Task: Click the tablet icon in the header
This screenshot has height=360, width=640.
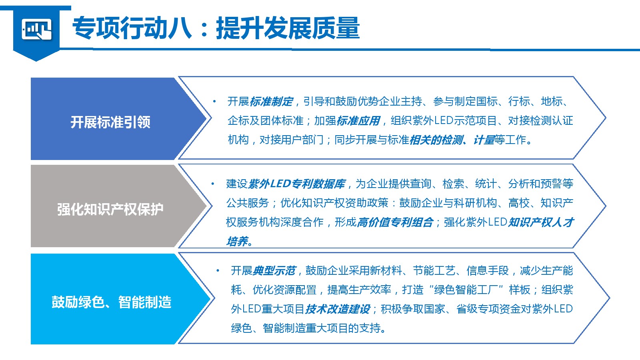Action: (36, 29)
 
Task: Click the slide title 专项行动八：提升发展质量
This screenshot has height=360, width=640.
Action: (216, 28)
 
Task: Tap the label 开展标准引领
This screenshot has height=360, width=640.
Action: (110, 122)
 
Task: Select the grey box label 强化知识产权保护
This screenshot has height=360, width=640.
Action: (110, 209)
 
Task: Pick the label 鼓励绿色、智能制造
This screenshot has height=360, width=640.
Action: (112, 302)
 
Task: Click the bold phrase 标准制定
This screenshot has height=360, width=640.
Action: (271, 102)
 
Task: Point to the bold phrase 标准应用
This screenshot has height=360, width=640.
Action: (358, 121)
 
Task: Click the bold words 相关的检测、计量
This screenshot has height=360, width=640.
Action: (452, 140)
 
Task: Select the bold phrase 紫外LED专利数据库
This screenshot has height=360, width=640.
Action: (297, 184)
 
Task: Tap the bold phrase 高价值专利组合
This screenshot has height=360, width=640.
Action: (395, 222)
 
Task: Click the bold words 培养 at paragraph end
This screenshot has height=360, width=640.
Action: (237, 242)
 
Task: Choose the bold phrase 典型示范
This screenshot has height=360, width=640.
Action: (274, 270)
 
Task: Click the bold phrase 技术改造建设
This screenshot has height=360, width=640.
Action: (338, 309)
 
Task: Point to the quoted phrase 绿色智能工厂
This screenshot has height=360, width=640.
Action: (466, 290)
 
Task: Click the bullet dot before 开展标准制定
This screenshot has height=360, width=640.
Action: (214, 102)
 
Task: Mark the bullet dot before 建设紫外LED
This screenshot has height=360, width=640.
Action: (213, 184)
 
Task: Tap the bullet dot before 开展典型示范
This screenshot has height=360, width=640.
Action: (218, 270)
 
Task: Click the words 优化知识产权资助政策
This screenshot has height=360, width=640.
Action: (334, 203)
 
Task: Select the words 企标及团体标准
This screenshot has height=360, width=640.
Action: (266, 121)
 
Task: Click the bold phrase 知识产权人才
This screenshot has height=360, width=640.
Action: (540, 222)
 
